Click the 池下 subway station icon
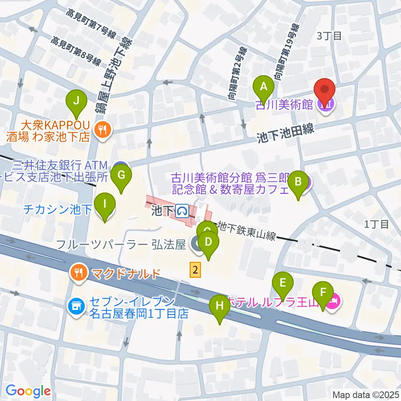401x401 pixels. click(x=182, y=211)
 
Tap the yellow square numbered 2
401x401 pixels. click(x=195, y=270)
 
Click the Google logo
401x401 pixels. click(x=28, y=391)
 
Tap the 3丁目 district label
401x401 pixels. click(x=329, y=36)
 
